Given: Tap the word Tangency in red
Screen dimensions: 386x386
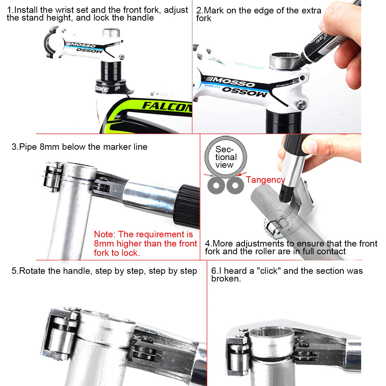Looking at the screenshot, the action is [265, 180].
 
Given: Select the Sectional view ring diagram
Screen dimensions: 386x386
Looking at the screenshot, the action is [226, 157].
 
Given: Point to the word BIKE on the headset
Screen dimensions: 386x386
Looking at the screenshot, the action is [102, 89].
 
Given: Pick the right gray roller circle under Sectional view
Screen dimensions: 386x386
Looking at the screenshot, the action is [235, 185].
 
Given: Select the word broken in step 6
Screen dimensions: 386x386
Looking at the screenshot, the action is [226, 278].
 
